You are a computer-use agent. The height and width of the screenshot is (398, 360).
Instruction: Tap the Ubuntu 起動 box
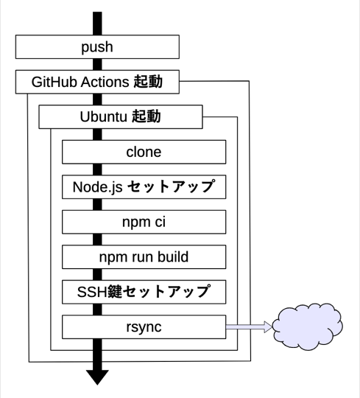(119, 117)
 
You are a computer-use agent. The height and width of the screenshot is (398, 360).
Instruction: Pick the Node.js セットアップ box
(143, 186)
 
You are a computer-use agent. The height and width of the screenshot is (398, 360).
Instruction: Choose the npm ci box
(143, 221)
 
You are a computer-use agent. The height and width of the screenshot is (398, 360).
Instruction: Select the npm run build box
(143, 256)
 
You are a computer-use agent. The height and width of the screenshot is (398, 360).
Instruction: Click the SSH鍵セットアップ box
(143, 290)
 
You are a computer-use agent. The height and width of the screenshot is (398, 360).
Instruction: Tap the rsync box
(143, 325)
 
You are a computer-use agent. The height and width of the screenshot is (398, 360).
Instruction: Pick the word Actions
(107, 83)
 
